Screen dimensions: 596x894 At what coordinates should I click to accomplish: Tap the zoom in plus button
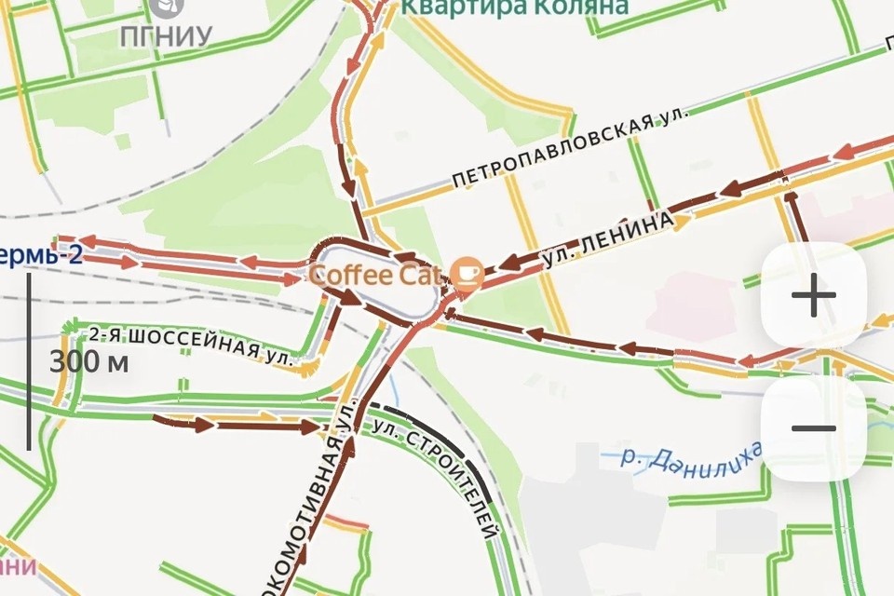pos(814,296)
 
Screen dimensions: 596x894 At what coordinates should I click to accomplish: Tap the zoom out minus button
pos(814,428)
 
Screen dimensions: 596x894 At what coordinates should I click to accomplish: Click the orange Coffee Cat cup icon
pos(465,272)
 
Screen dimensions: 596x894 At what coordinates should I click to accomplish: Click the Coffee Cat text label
pos(379,276)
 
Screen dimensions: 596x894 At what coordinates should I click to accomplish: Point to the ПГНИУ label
pos(166,36)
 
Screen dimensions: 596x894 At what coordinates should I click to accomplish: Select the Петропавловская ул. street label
pos(571,149)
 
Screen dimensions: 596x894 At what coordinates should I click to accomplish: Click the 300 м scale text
pos(88,362)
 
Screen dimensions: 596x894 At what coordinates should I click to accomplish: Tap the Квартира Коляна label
pos(514,7)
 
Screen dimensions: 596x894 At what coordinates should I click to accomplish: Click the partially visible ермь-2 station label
pos(41,253)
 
